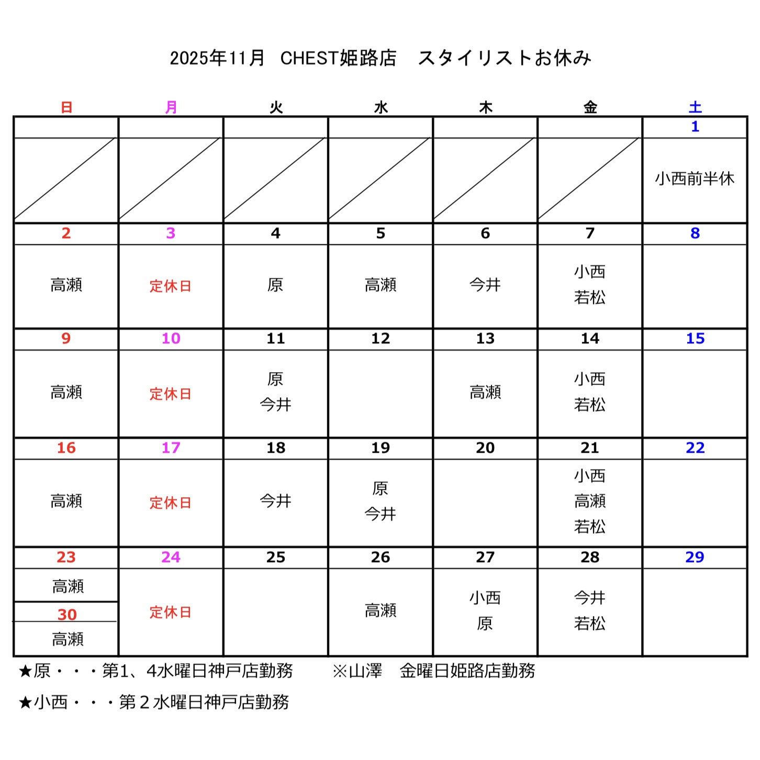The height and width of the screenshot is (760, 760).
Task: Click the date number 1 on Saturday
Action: point(695,127)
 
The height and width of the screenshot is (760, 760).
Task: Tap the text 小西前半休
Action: point(695,179)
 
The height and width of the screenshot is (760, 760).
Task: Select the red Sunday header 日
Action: point(66,107)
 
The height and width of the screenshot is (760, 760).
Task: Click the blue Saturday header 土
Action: point(695,107)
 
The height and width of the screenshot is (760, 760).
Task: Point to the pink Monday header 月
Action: point(171,107)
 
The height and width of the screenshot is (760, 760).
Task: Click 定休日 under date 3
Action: point(171,286)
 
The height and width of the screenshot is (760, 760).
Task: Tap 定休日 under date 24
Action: point(171,612)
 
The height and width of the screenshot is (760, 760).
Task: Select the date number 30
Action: point(67,614)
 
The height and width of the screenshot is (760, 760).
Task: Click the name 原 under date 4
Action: point(275,285)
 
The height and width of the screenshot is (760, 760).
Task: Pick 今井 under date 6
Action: point(485,285)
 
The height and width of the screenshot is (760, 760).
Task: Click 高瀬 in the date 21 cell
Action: point(590,501)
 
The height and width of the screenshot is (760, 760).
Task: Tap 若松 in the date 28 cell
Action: point(590,623)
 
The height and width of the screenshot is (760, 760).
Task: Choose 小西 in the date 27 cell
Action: point(485,598)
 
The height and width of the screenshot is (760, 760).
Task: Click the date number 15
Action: point(695,339)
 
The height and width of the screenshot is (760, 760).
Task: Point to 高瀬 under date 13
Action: point(485,392)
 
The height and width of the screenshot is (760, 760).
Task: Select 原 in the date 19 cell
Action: point(381,488)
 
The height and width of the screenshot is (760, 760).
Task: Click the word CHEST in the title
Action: point(309,58)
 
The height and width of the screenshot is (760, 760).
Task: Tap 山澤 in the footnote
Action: point(365,670)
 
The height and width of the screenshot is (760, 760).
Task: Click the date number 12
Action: point(381,339)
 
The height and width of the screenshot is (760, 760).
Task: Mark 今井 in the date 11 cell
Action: point(275,405)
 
